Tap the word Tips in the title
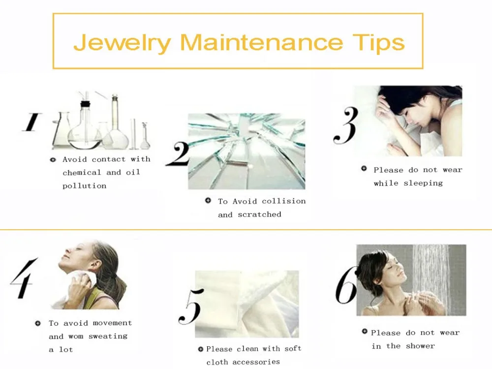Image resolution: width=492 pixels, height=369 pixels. tap(379, 42)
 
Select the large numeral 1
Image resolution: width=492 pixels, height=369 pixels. tap(31, 122)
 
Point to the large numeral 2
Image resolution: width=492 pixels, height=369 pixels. tap(178, 154)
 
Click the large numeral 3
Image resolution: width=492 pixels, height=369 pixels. tap(346, 125)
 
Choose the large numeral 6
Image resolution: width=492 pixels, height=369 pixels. tap(346, 285)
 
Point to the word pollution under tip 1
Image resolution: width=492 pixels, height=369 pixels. tap(85, 186)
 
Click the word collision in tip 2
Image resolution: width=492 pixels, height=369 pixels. tap(284, 201)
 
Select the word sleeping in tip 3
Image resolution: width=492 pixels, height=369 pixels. tap(423, 183)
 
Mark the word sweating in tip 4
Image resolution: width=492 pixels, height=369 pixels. tap(108, 337)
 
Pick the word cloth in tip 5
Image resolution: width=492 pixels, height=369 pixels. tap(216, 362)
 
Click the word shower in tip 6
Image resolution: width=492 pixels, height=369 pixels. tap(421, 346)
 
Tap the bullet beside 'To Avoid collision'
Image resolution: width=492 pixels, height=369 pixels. tap(208, 200)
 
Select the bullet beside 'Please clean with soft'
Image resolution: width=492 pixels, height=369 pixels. tap(201, 349)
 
